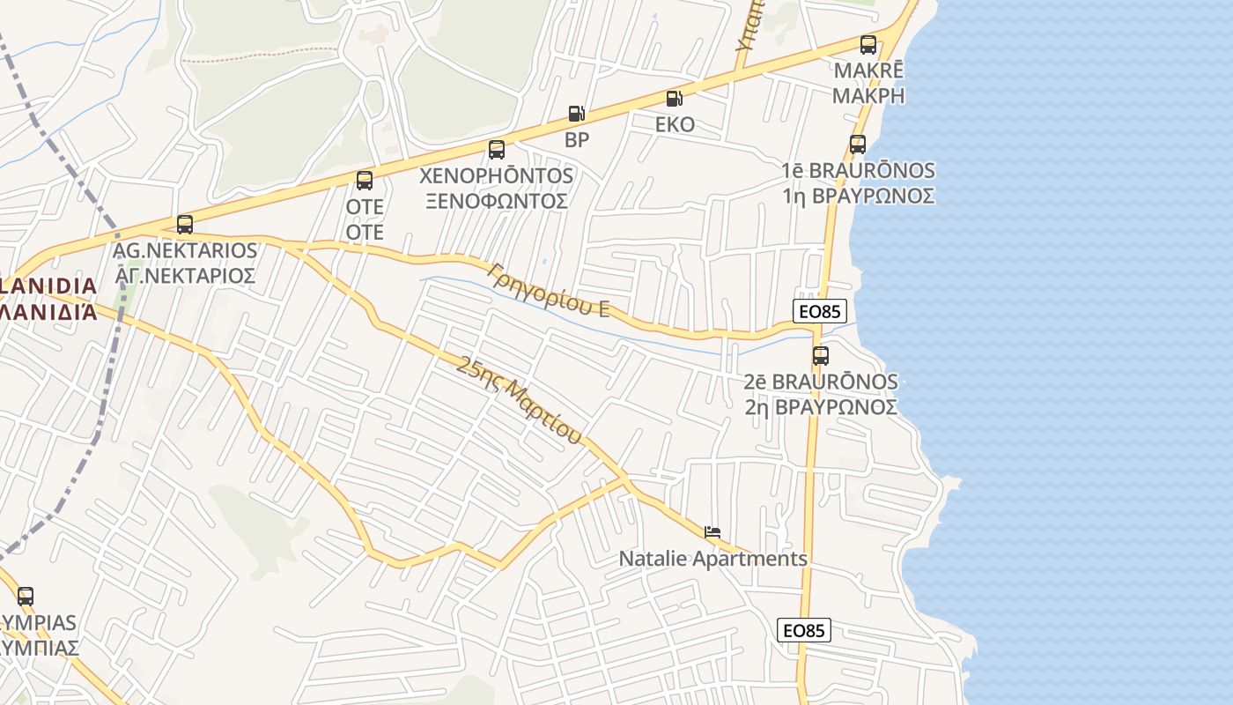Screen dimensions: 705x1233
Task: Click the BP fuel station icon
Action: [576, 114]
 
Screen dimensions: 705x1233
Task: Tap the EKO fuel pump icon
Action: [674, 99]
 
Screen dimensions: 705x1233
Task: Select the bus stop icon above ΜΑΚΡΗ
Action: [868, 44]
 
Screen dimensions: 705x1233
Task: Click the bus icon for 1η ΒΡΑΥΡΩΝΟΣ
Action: [858, 145]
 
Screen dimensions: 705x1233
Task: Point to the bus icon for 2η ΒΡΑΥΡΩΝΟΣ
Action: [821, 356]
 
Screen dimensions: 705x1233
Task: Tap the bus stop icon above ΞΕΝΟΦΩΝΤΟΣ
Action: [497, 150]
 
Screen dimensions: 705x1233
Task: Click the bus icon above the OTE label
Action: [365, 181]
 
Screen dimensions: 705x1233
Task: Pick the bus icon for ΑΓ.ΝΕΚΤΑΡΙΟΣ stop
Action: [185, 225]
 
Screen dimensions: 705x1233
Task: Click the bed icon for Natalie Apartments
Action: [712, 532]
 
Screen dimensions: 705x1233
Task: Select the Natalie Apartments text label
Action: [712, 559]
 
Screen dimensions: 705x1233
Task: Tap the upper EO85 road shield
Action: [820, 311]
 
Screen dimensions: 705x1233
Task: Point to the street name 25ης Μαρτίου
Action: [520, 399]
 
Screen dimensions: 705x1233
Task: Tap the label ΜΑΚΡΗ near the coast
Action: [868, 95]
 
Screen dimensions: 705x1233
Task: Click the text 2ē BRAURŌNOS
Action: [821, 382]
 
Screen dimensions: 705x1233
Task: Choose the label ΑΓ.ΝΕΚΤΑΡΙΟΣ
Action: [185, 276]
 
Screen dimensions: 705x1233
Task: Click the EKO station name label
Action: [675, 124]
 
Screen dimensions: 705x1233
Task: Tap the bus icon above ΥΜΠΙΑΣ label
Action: [26, 597]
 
